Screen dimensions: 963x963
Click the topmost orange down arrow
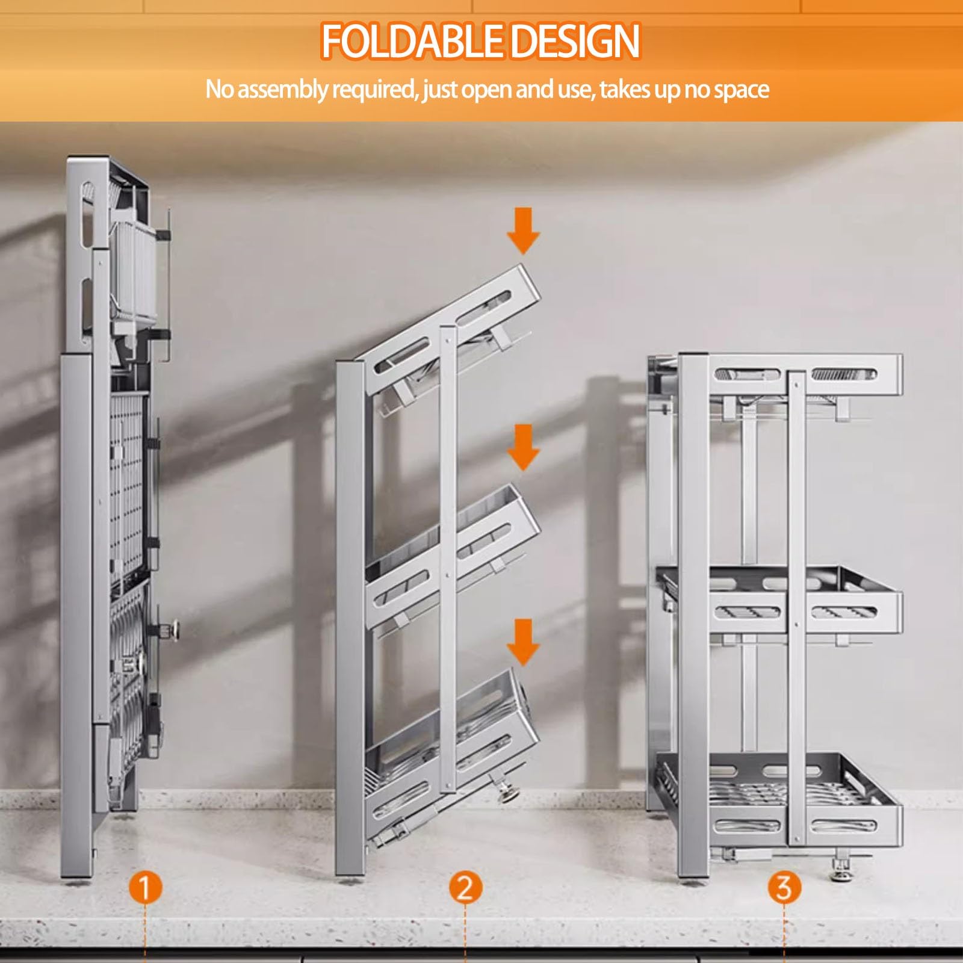[523, 231]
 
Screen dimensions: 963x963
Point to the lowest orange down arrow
[523, 643]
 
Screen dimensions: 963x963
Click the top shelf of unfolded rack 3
[788, 376]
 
